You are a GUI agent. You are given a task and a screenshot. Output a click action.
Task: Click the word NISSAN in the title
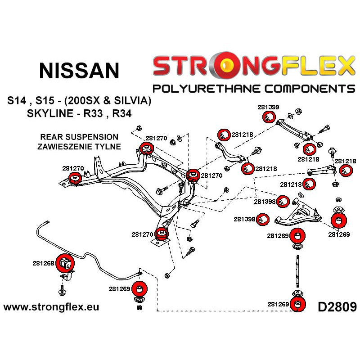click(x=79, y=70)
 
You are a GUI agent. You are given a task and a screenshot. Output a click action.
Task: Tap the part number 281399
click(x=268, y=107)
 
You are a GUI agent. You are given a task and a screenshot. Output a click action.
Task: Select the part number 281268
click(x=43, y=263)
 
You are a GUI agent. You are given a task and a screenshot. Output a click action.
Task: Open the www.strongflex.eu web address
click(x=51, y=307)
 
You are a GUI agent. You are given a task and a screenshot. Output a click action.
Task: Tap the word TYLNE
click(x=108, y=146)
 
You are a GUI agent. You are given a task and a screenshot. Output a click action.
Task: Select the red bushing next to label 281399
click(x=267, y=117)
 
